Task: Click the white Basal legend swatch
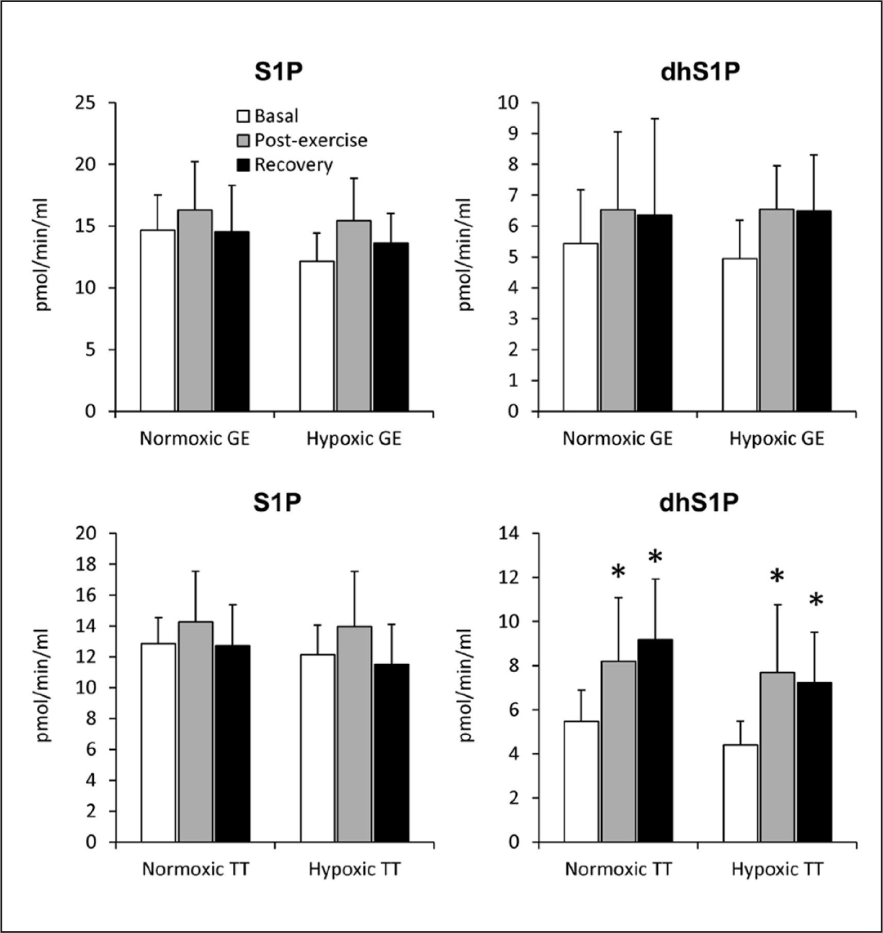[243, 116]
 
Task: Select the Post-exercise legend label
[311, 141]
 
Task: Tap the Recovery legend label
[294, 165]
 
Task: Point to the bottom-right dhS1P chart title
[700, 504]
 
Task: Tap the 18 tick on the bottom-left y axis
[86, 564]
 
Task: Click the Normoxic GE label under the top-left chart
[195, 439]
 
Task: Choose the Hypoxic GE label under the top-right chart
[777, 439]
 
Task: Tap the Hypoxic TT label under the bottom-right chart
[777, 870]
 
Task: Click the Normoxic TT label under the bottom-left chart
[196, 870]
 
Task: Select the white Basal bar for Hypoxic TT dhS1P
[740, 793]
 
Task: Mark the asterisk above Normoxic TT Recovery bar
[655, 557]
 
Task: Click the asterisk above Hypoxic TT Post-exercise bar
[777, 577]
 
